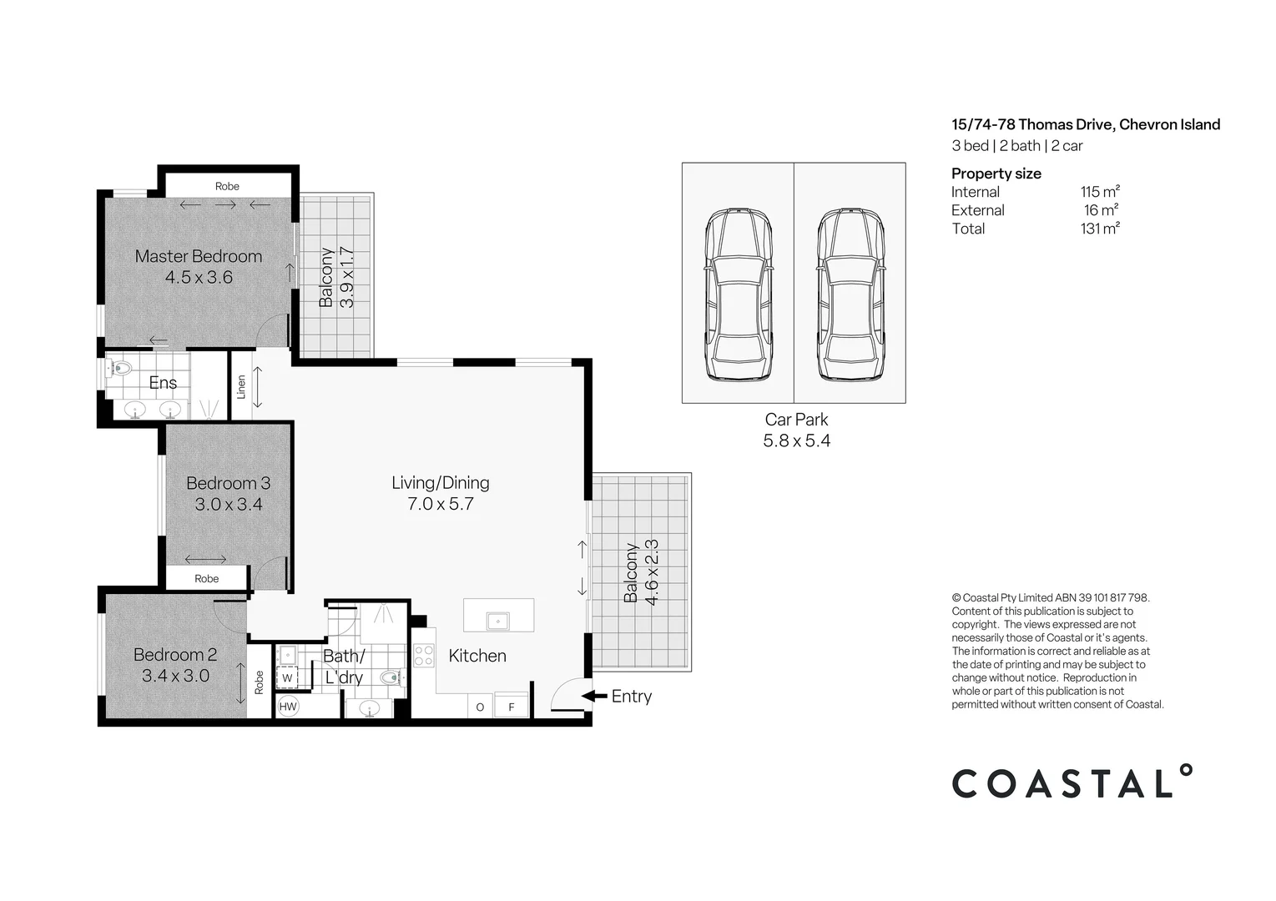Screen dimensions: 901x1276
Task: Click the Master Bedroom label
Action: point(199,256)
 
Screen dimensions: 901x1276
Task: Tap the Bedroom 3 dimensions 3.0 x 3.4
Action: point(229,504)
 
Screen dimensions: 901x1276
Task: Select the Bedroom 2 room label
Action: point(175,654)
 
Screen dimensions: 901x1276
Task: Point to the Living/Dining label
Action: point(440,482)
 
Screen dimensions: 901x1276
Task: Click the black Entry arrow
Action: point(594,696)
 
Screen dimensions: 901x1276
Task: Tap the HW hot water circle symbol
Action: point(288,707)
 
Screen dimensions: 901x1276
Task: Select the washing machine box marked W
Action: point(287,677)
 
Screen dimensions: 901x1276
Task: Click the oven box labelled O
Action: point(480,706)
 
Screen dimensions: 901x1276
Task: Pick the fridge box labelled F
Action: point(512,706)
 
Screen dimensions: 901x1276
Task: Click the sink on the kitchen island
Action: point(498,622)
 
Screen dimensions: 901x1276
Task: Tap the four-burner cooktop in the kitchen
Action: point(424,656)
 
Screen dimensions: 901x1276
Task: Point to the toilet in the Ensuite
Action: point(119,367)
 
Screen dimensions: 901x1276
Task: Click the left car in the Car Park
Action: point(738,294)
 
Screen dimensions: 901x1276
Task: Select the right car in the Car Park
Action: point(850,294)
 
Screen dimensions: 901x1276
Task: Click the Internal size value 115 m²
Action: point(1100,192)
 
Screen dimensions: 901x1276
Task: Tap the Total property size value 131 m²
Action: point(1100,229)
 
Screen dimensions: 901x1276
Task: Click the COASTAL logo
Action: point(1072,783)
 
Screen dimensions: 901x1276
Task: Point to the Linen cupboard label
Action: point(241,386)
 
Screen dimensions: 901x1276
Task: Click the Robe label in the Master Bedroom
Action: point(227,186)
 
